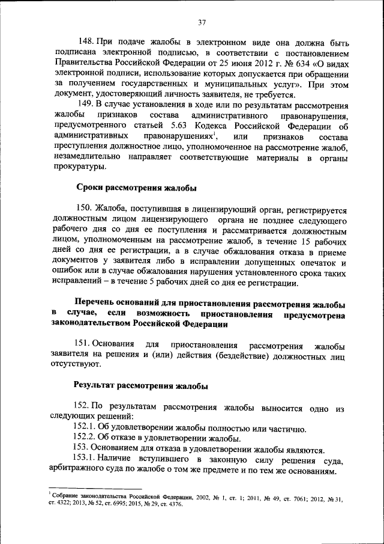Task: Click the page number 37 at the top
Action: tap(201, 23)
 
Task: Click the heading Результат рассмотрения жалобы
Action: tap(141, 386)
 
